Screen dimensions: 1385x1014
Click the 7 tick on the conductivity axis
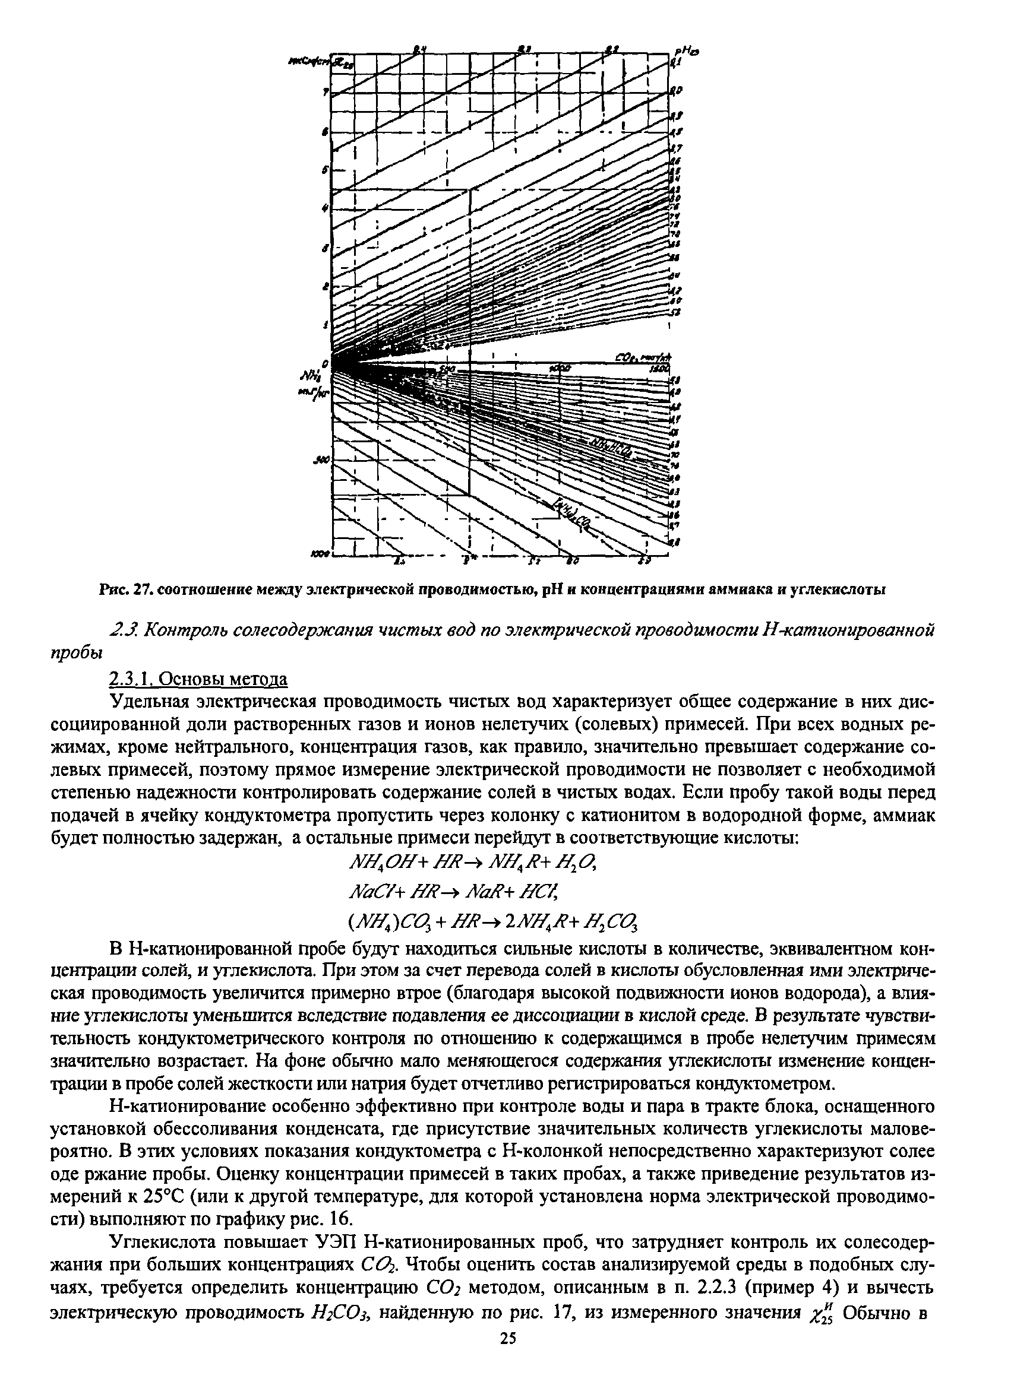pyautogui.click(x=325, y=92)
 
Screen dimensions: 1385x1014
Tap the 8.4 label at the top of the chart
pyautogui.click(x=419, y=49)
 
